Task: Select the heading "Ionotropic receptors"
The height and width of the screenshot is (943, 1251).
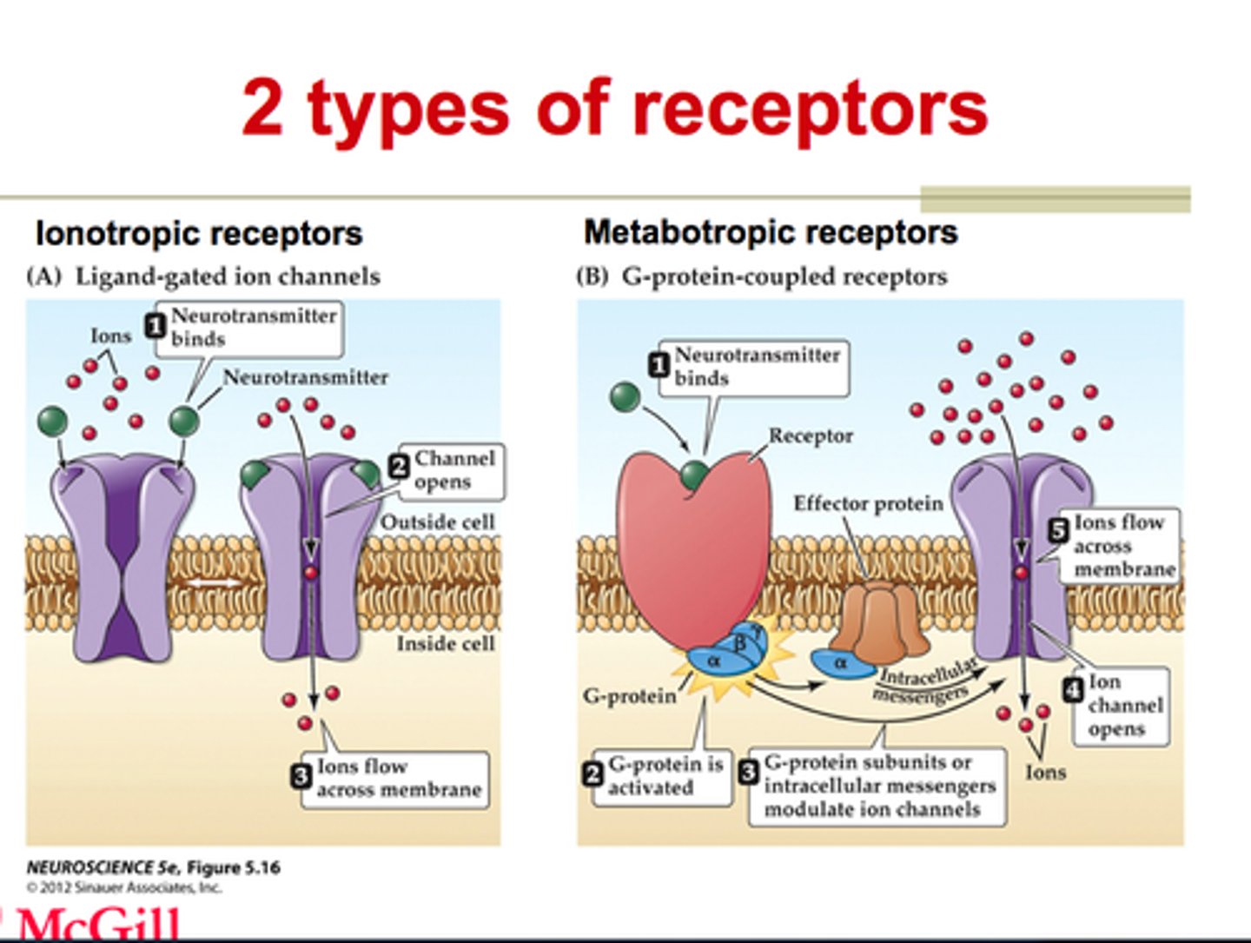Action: click(x=198, y=234)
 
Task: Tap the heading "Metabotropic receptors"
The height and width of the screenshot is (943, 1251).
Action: click(x=771, y=232)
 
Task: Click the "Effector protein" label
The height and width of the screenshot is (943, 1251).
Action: click(x=867, y=504)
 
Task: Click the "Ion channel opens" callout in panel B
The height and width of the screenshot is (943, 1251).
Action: click(x=1123, y=705)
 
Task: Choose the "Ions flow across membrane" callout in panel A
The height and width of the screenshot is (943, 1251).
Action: click(x=396, y=778)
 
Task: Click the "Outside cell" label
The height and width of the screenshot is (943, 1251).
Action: click(x=437, y=522)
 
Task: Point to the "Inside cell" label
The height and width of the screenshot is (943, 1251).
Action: click(x=445, y=643)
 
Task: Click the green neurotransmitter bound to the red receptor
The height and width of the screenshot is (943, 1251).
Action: click(x=694, y=475)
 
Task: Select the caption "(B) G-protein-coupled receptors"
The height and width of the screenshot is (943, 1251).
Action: click(x=762, y=276)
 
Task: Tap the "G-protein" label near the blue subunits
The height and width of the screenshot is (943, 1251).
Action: click(x=629, y=695)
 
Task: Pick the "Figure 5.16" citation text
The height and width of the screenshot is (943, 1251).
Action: click(x=234, y=867)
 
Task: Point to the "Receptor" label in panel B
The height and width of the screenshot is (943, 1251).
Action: click(x=810, y=435)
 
